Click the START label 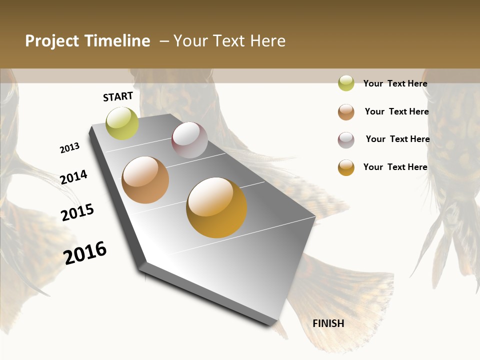pos(118,96)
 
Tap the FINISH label pos(328,323)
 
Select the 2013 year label pos(70,148)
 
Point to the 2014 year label pos(73,177)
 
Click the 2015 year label pos(77,212)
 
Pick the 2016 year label pos(85,252)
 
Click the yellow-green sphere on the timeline pos(122,123)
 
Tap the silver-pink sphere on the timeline pos(189,140)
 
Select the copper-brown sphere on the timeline pos(145,180)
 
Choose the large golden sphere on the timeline pos(216,207)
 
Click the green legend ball pos(346,83)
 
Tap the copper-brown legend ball pos(346,112)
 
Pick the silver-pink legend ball pos(346,140)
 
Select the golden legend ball pos(346,167)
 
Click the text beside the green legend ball pos(395,83)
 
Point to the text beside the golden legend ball pos(395,167)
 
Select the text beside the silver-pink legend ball pos(397,139)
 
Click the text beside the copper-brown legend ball pos(396,111)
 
